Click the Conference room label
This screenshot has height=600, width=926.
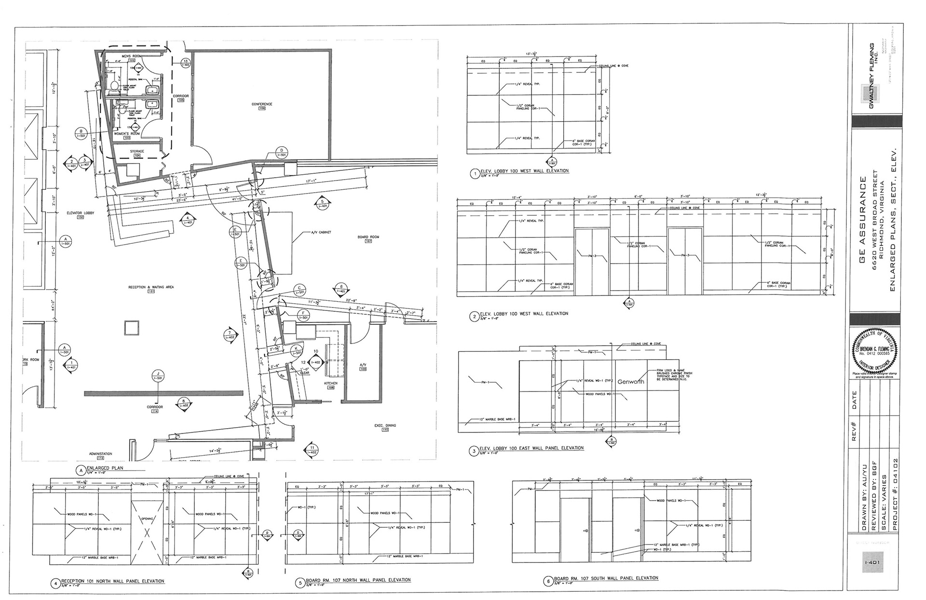tap(262, 104)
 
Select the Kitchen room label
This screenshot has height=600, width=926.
tap(331, 383)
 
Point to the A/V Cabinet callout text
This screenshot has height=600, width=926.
tap(321, 232)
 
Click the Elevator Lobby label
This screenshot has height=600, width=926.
tap(80, 213)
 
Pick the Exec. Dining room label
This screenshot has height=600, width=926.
tap(385, 425)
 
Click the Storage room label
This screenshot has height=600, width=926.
tap(137, 152)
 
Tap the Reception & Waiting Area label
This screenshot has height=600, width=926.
tap(151, 287)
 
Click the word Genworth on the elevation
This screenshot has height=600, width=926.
tap(630, 382)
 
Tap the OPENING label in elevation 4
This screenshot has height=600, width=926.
tap(147, 519)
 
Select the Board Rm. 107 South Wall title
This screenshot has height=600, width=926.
tap(606, 578)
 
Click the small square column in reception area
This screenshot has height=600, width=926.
tap(132, 328)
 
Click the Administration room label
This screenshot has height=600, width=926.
tap(100, 454)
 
